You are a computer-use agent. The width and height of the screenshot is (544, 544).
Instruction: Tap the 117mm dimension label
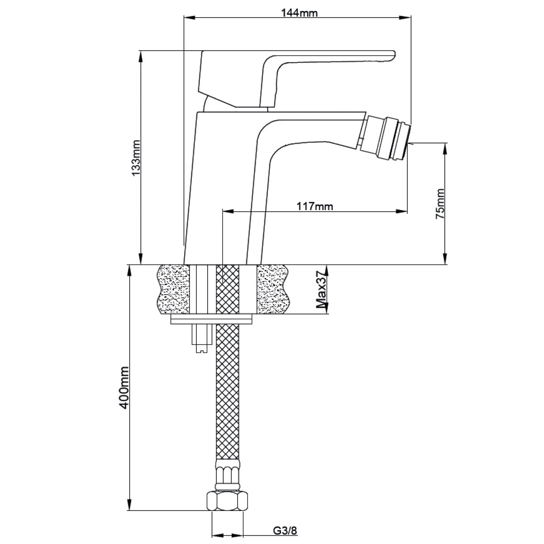[x=315, y=207]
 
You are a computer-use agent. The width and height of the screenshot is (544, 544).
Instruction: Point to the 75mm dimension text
[x=440, y=204]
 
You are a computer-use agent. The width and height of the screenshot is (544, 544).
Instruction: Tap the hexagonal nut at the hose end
[x=227, y=500]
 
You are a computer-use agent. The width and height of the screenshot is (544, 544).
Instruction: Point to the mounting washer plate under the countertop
[x=211, y=321]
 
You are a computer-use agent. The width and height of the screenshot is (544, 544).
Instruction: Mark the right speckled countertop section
[x=272, y=289]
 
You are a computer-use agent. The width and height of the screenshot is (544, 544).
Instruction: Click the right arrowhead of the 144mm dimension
[x=408, y=18]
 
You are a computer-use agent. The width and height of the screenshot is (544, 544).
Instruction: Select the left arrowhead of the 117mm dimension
[x=227, y=211]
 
